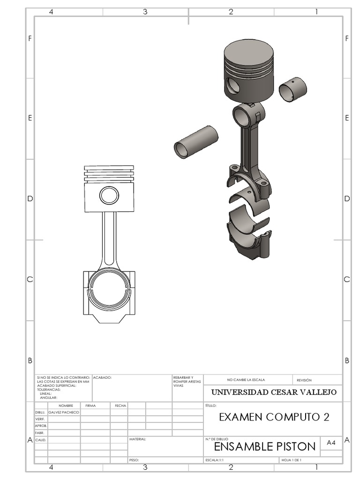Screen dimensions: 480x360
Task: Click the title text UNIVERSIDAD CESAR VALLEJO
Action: [x=274, y=392]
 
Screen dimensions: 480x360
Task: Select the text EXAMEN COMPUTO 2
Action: [x=274, y=417]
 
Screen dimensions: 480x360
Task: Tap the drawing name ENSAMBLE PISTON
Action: [x=264, y=446]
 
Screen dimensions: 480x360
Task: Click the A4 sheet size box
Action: [x=331, y=442]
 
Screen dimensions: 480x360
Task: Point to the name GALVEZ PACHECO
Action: [x=64, y=412]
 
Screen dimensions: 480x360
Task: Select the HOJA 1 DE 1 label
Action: [x=292, y=460]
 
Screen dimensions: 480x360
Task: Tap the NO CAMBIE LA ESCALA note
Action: [x=248, y=380]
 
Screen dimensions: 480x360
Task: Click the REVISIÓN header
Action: [x=304, y=380]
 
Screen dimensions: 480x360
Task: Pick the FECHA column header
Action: [x=120, y=405]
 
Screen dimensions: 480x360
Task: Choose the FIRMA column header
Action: [x=90, y=405]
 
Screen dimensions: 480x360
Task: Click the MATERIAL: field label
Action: [x=137, y=439]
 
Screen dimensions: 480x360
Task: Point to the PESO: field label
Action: [x=134, y=460]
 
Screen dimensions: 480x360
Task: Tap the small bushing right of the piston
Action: [x=293, y=89]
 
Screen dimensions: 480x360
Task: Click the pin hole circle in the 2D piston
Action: [x=109, y=195]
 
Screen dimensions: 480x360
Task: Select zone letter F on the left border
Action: [x=30, y=38]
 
